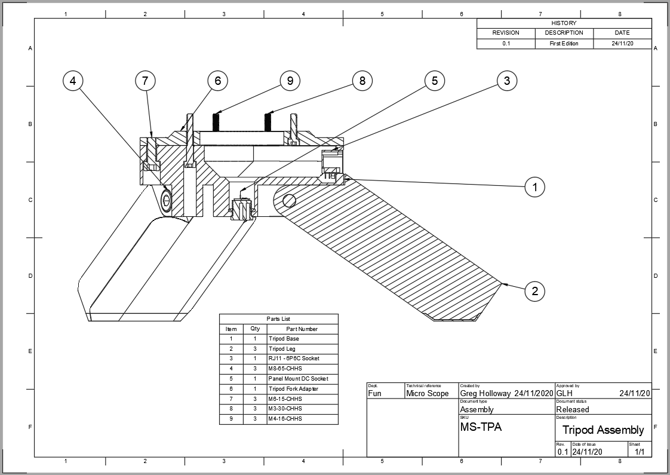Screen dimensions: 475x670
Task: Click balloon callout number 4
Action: [x=73, y=81]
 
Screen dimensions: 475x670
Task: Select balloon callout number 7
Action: [x=145, y=81]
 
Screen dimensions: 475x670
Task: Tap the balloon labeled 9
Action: [x=290, y=81]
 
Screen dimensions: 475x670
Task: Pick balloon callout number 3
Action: [x=507, y=81]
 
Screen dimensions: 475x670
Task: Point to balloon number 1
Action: [x=534, y=187]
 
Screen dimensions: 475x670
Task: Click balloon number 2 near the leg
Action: [x=534, y=292]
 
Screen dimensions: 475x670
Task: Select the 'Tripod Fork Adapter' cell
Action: [x=293, y=389]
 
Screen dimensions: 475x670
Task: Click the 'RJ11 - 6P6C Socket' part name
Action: [x=294, y=358]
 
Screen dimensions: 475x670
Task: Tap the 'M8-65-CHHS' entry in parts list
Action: [x=285, y=369]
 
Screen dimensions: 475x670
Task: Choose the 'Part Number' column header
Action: [x=302, y=329]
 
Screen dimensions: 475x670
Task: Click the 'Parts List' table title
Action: [x=278, y=319]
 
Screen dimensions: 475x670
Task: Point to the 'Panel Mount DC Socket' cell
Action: [x=298, y=379]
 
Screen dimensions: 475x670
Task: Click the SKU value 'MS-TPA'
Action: [x=481, y=427]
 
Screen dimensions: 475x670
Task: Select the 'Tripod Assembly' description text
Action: [x=603, y=430]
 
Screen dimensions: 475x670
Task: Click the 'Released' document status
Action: [x=572, y=410]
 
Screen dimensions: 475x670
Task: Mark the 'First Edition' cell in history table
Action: [x=564, y=44]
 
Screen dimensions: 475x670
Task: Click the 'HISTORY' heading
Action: [x=564, y=23]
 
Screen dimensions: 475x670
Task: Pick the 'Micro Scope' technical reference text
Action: [x=427, y=394]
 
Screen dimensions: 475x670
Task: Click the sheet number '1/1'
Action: [x=639, y=452]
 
